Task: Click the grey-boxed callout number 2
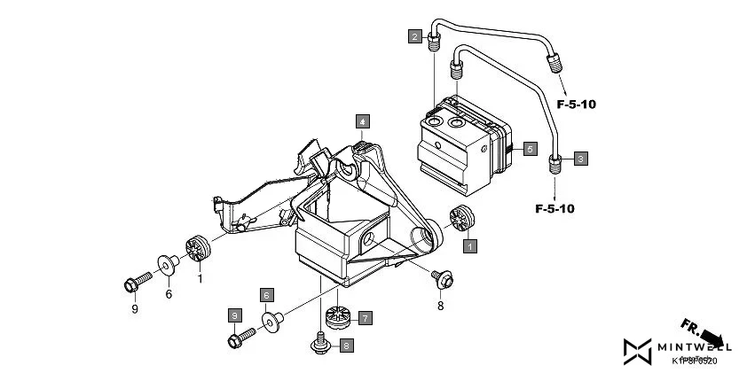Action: point(414,36)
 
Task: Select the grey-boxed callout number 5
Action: point(529,149)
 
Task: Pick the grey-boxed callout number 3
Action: point(579,159)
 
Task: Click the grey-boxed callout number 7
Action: point(365,316)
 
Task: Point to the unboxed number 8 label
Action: point(439,307)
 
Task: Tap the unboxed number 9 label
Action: point(134,309)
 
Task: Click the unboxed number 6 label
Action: point(169,295)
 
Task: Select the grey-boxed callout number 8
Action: point(347,345)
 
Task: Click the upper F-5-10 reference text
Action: point(577,105)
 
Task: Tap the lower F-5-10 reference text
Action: point(554,209)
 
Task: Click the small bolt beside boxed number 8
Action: point(318,341)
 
